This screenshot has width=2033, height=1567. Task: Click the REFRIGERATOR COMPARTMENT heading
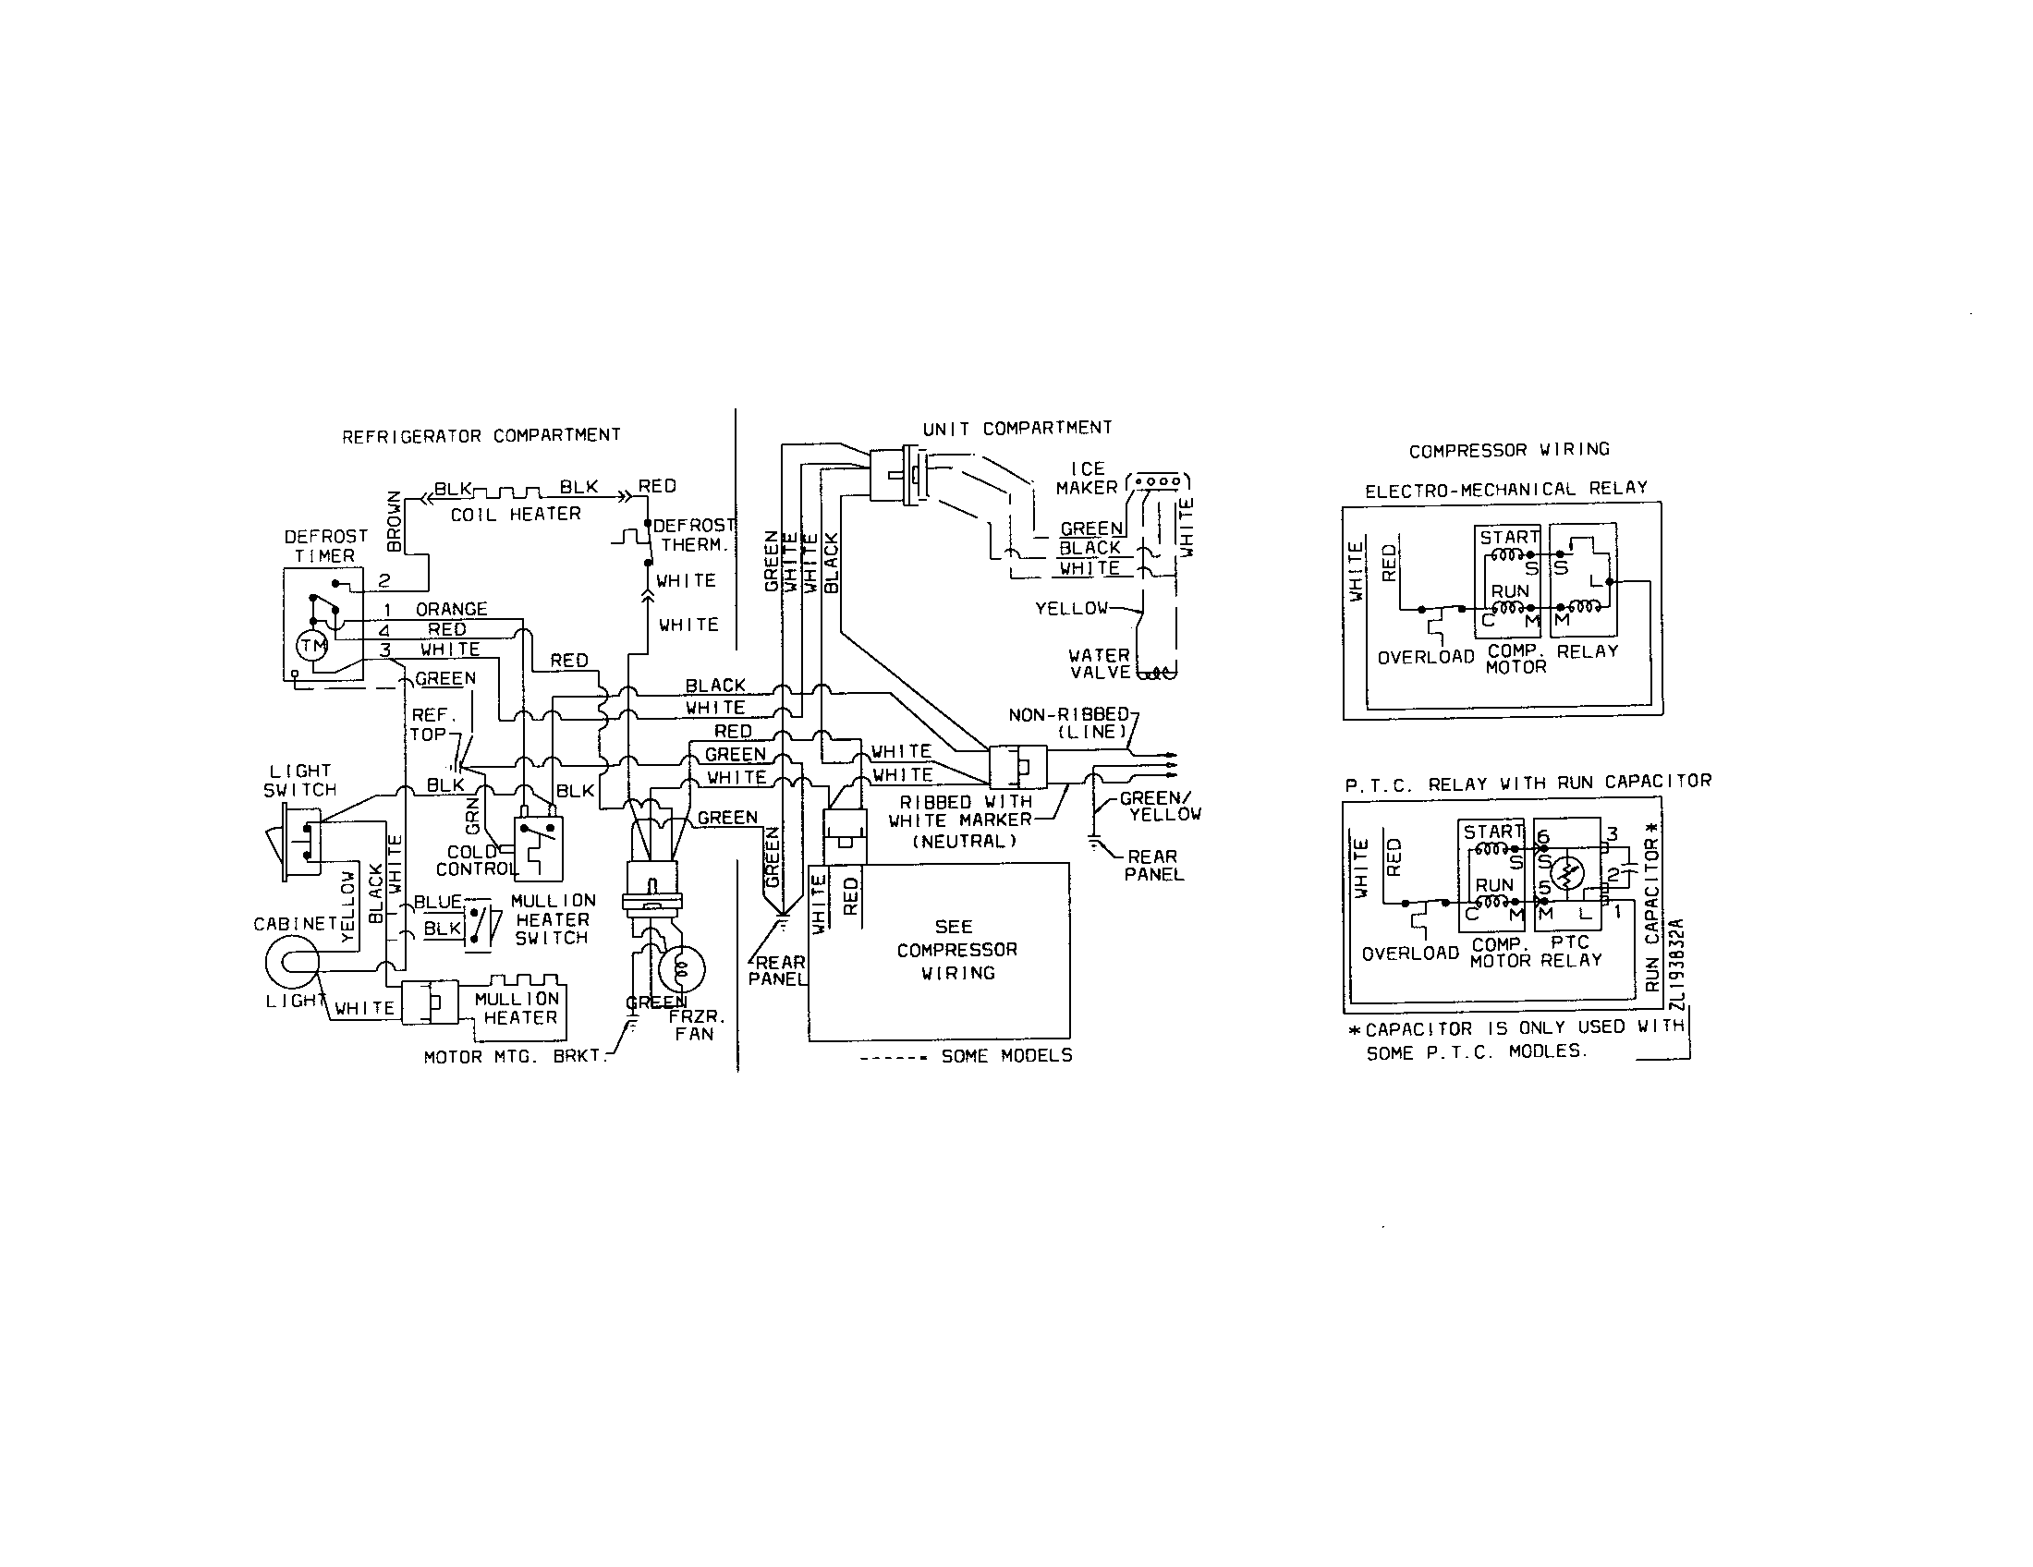481,435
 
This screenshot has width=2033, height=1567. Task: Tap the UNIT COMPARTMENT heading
1016,428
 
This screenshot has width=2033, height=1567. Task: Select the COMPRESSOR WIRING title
1509,449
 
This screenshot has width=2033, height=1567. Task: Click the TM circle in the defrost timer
310,646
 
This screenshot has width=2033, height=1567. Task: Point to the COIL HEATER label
516,514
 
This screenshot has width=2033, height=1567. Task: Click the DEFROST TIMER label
325,546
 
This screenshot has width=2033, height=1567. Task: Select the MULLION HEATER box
517,1009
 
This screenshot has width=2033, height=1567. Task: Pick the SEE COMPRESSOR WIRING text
956,950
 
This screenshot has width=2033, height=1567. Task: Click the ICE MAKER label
1087,479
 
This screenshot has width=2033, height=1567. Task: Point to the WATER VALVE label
1100,663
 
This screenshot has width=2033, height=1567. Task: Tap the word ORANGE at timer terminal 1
452,610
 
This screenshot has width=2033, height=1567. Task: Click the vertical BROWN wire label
394,521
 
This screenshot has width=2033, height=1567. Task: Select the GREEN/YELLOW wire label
1159,806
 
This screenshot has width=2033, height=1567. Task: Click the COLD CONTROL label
474,861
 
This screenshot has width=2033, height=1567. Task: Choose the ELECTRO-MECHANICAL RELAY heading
1505,489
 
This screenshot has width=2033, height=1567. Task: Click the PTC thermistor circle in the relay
1569,872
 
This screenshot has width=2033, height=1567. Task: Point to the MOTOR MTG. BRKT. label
514,1057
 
